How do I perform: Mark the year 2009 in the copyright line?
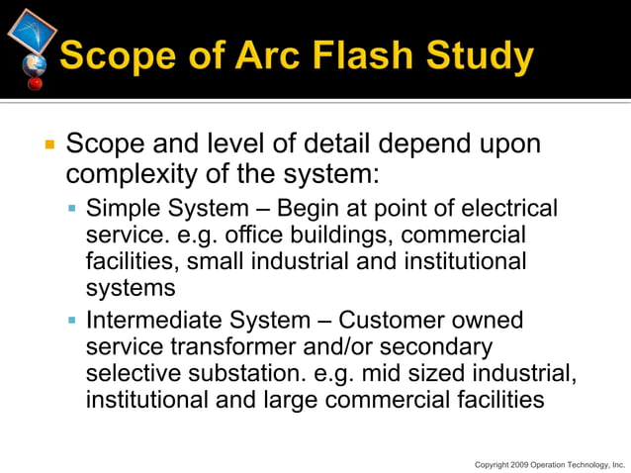pos(517,463)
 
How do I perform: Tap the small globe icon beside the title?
pos(35,65)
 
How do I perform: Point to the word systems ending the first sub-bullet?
pos(131,289)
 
